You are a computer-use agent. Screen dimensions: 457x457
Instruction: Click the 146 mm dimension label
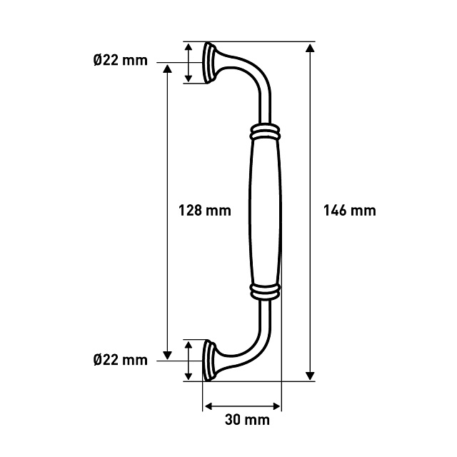coord(349,211)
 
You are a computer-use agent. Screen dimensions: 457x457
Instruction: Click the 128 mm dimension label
coord(205,211)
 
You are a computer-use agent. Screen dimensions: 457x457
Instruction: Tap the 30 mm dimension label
coord(247,420)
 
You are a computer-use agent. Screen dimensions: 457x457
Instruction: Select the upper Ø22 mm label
coord(121,60)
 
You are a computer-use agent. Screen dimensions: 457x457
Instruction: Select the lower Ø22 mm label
coord(121,360)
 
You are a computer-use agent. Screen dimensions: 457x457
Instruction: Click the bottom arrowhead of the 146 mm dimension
coord(310,376)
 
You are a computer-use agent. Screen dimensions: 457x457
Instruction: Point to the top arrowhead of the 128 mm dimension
coord(167,69)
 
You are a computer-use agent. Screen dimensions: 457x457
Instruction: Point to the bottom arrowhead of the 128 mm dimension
coord(167,356)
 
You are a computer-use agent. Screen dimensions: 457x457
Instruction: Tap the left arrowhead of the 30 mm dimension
coord(209,406)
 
